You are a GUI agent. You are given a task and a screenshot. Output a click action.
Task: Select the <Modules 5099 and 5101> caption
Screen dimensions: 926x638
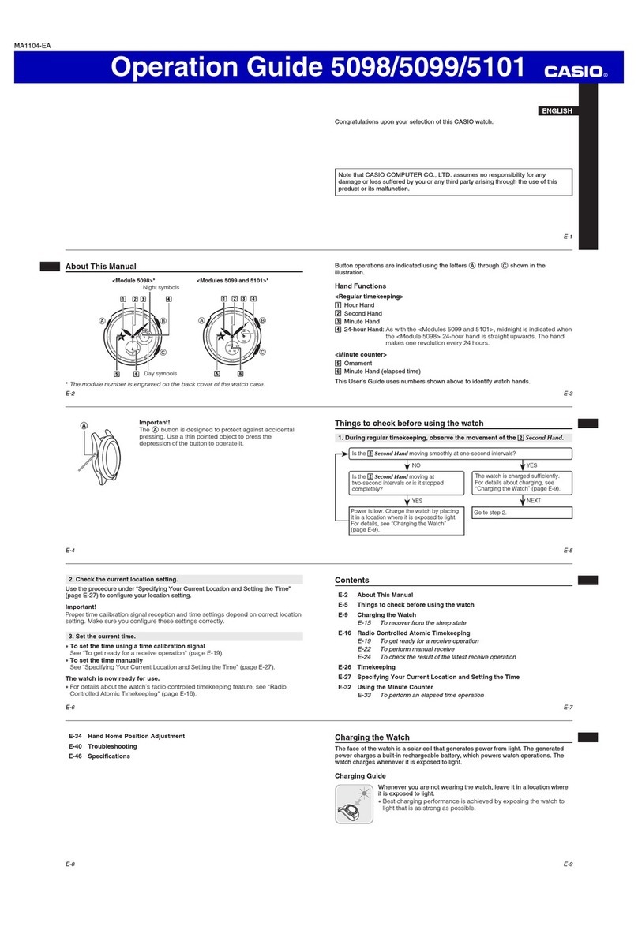tap(232, 280)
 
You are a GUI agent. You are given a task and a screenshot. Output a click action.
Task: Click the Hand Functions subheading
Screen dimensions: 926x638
tap(361, 286)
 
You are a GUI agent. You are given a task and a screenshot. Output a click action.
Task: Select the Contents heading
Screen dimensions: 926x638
tap(352, 580)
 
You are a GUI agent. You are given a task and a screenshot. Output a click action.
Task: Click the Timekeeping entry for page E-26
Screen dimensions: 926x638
tap(376, 667)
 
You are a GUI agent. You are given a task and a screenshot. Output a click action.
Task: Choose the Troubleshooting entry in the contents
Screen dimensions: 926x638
tap(113, 746)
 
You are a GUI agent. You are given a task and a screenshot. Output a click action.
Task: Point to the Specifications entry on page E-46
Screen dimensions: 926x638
tap(109, 756)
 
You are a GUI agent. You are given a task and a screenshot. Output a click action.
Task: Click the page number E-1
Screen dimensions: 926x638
tap(567, 237)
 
